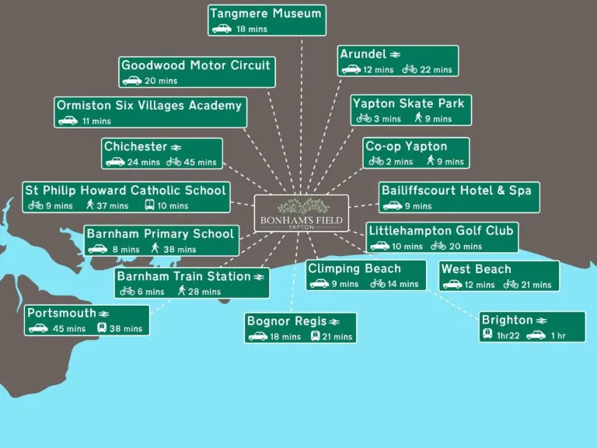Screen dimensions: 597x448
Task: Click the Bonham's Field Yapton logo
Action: (301, 213)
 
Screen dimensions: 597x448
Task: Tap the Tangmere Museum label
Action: (266, 13)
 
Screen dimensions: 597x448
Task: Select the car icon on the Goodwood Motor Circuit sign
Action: (131, 81)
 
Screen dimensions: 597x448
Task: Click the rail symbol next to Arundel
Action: (395, 54)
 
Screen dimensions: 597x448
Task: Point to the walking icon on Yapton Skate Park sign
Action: (418, 117)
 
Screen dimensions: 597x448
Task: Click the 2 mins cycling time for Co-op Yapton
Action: (400, 162)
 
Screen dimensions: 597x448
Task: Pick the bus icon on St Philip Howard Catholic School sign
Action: (149, 205)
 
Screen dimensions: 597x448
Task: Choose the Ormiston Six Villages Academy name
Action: (149, 105)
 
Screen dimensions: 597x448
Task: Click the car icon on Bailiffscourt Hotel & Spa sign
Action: (393, 206)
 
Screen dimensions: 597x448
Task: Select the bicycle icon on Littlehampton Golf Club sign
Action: (438, 246)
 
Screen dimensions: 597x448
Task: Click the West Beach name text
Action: (476, 269)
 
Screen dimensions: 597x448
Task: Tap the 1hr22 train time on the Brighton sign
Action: (508, 336)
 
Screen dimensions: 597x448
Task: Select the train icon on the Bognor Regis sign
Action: (315, 336)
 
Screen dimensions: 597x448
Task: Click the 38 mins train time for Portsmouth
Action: (126, 329)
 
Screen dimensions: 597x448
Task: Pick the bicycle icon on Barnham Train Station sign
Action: (127, 292)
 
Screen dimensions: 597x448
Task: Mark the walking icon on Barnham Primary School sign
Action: (155, 248)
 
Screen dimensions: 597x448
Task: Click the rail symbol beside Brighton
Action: (541, 320)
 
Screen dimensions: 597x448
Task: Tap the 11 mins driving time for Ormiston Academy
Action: (96, 121)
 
